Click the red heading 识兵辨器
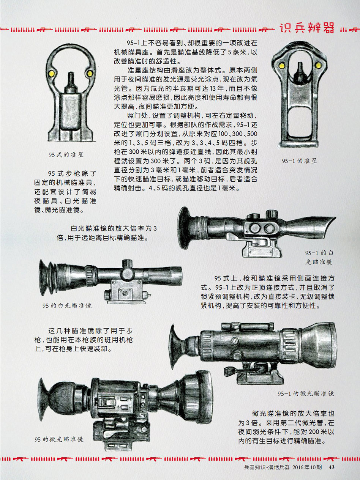307,28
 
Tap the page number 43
332,467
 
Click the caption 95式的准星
66,154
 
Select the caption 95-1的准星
299,161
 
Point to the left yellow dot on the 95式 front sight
52,74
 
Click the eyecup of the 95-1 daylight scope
185,228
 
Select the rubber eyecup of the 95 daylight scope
46,277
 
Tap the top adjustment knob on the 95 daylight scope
127,264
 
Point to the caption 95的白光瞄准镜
67,305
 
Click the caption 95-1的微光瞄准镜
306,393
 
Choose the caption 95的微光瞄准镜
59,439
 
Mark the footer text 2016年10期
307,467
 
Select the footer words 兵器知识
254,467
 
